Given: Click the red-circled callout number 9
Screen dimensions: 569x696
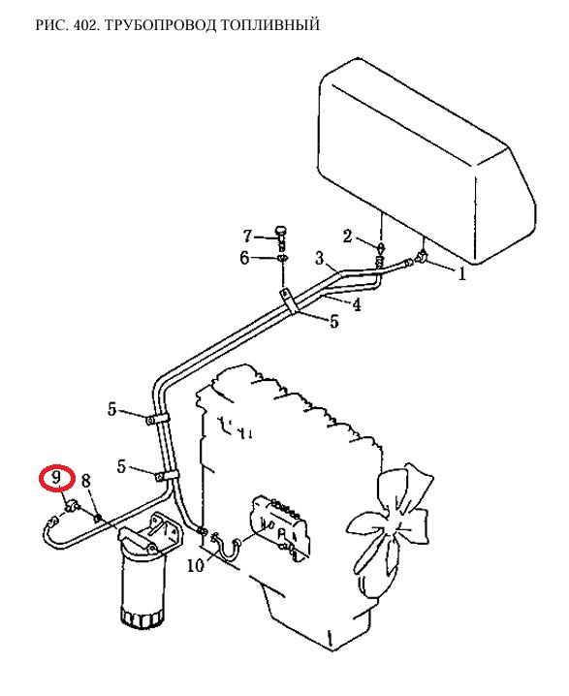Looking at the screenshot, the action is coord(56,478).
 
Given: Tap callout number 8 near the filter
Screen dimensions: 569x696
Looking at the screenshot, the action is coord(86,481).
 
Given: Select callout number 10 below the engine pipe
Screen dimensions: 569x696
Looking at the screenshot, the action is coord(195,565).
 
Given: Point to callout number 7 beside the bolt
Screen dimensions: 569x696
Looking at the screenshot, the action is coord(247,236).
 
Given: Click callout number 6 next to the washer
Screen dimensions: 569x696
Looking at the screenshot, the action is coord(244,258).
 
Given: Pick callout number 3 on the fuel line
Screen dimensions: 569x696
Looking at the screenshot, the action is coord(320,258).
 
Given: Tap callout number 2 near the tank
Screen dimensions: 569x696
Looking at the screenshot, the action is coord(348,237).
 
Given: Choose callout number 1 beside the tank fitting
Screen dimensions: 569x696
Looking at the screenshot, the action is coord(462,274).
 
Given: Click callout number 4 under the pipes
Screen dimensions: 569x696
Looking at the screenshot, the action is coord(356,304).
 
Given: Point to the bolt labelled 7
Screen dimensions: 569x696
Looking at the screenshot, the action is coord(280,236).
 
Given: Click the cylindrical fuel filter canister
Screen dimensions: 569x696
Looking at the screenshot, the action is coord(142,585).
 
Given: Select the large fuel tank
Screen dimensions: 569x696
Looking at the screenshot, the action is coord(427,162).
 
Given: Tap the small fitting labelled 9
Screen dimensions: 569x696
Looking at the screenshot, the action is coord(71,505).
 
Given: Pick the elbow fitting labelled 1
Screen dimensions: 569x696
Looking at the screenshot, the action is coord(421,256).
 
